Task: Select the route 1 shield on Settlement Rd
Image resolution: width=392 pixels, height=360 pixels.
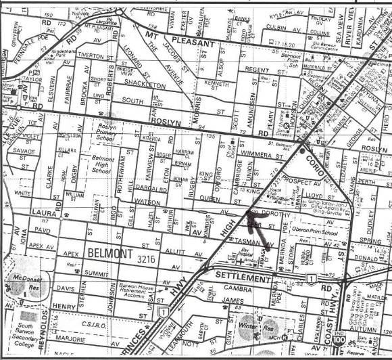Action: click(310, 278)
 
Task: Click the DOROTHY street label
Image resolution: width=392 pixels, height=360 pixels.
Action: click(277, 212)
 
